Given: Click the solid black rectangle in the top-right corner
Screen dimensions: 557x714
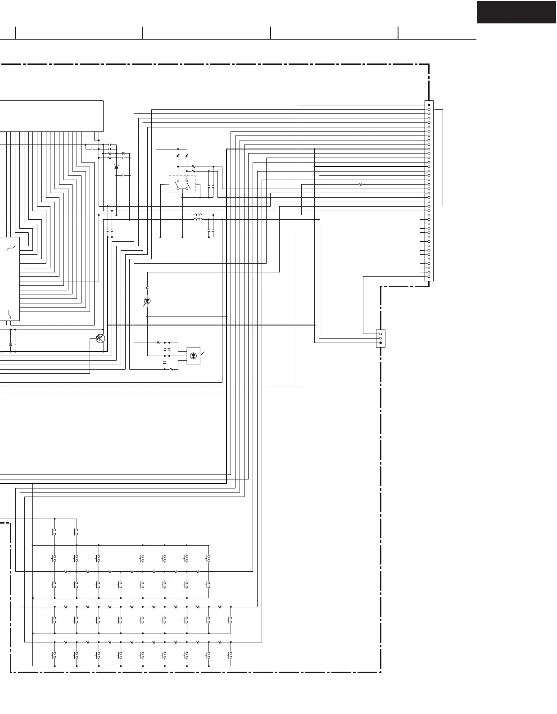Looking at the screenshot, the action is point(516,12).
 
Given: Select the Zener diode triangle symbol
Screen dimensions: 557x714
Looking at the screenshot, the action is point(117,167).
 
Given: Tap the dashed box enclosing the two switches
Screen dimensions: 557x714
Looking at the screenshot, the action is point(182,184).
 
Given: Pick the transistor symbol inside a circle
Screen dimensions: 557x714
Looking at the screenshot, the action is point(101,338).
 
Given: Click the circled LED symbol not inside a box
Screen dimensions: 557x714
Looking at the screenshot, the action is point(147,300).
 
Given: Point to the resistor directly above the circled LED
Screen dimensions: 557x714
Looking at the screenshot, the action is point(147,288).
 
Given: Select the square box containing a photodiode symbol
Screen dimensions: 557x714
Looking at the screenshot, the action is point(194,356).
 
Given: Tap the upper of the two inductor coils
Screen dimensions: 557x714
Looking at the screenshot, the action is point(198,215).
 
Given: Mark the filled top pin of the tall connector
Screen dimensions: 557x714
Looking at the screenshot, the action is point(429,105).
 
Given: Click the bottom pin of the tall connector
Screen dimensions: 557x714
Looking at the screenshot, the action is point(429,276).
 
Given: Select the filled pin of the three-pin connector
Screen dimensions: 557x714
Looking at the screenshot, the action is point(380,343).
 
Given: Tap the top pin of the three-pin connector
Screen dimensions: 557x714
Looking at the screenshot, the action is point(380,334).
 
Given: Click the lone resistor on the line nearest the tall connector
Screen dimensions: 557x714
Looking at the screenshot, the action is point(361,184).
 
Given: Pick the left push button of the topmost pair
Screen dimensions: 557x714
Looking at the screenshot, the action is point(54,532).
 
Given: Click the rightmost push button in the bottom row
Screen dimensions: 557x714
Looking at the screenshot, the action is point(230,655).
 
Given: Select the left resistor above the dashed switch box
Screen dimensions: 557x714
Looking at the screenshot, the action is point(178,155).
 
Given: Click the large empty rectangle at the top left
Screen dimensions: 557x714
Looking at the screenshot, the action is point(51,116).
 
